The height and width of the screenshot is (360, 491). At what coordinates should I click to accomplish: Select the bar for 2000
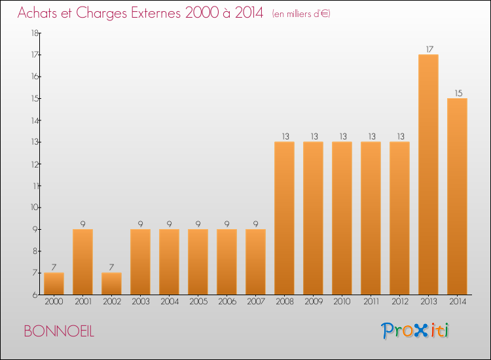click(54, 283)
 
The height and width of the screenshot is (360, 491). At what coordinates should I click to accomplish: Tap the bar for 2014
click(457, 196)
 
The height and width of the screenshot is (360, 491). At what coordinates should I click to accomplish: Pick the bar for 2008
click(284, 218)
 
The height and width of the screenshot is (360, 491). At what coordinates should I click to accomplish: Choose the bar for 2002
click(111, 283)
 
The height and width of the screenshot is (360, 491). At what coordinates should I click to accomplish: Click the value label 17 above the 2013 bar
click(428, 48)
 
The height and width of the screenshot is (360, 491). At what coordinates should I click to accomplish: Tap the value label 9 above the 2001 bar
click(82, 224)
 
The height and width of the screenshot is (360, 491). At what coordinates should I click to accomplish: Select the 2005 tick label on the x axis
click(198, 302)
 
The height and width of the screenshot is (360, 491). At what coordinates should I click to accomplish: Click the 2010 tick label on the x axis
click(342, 302)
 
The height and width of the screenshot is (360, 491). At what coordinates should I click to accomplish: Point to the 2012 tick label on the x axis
click(399, 302)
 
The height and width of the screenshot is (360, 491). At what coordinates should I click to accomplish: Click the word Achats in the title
click(40, 13)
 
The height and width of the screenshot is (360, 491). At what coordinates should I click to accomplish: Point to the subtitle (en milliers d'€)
click(301, 14)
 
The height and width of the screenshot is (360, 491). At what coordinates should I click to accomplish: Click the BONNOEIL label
click(59, 331)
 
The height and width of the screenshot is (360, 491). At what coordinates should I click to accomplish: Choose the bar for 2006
click(227, 262)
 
